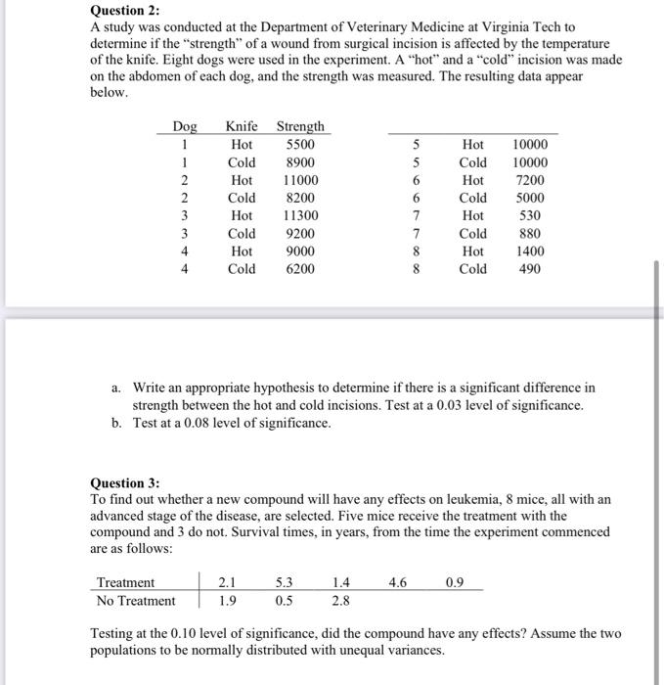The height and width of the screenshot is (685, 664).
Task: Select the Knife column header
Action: click(242, 126)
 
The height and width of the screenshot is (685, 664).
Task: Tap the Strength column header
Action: click(300, 126)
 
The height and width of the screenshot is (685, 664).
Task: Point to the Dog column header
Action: click(184, 126)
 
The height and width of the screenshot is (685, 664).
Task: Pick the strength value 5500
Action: click(299, 145)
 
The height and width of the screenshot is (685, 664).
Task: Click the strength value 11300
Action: click(299, 215)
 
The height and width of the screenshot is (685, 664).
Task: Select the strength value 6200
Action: click(299, 268)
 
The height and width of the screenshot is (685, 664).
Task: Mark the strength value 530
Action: click(531, 215)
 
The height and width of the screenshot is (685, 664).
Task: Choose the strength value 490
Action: click(532, 268)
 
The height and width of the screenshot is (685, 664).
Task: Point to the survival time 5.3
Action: click(283, 583)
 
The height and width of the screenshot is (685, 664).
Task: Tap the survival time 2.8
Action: click(339, 601)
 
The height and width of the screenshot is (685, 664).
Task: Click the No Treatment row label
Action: click(137, 601)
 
